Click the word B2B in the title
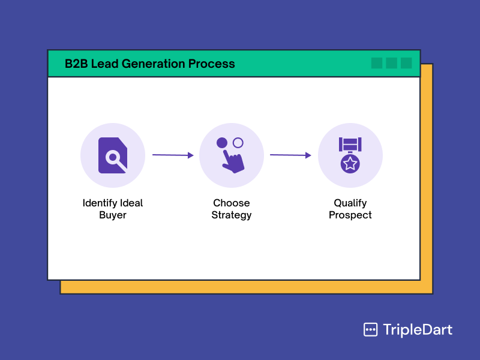point(76,64)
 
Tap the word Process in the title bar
point(211,64)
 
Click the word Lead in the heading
point(104,64)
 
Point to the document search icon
point(112,155)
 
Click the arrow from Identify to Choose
point(173,155)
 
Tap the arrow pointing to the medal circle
point(290,155)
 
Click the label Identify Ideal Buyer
point(113,209)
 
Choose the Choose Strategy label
point(232,209)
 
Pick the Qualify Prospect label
point(350,209)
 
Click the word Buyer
point(113,215)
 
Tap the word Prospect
point(350,215)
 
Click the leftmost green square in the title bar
point(377,63)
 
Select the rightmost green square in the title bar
point(406,63)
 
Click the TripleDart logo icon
point(370,329)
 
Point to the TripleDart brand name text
point(418,329)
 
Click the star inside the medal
point(350,163)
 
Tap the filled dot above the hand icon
point(222,143)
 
